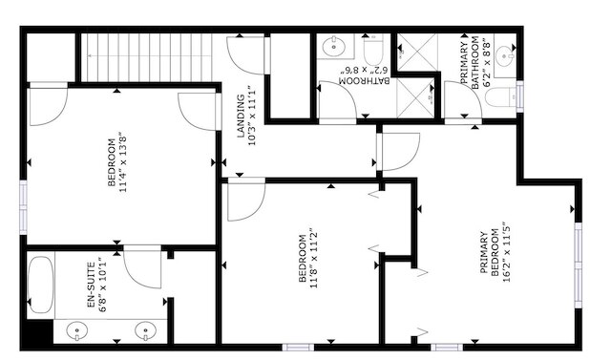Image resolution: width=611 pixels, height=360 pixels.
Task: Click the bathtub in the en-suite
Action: pyautogui.click(x=40, y=285)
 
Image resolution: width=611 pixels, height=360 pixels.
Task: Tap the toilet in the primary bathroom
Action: pyautogui.click(x=500, y=96)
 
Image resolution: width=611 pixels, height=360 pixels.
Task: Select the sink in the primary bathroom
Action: pyautogui.click(x=505, y=55)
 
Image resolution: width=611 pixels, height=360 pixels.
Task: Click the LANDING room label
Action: pyautogui.click(x=241, y=116)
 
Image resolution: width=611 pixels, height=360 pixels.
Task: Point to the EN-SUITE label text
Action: pyautogui.click(x=91, y=285)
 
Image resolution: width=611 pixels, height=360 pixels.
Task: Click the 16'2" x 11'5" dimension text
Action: pyautogui.click(x=506, y=254)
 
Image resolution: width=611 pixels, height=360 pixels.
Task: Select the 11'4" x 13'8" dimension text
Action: pyautogui.click(x=123, y=164)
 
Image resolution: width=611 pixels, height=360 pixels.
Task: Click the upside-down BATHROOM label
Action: pyautogui.click(x=365, y=80)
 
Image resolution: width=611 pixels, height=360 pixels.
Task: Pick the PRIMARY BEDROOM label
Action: pyautogui.click(x=490, y=254)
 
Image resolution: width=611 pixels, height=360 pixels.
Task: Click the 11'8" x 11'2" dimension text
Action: pyautogui.click(x=314, y=258)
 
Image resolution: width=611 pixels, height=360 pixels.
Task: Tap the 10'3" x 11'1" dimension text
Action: pyautogui.click(x=252, y=116)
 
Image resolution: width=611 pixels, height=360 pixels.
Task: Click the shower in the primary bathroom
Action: pyautogui.click(x=417, y=53)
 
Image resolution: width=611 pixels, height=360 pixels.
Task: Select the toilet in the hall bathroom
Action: pyautogui.click(x=373, y=50)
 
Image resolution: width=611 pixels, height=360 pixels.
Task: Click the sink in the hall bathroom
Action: pyautogui.click(x=334, y=47)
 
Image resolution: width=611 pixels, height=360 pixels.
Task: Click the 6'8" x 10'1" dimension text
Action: pyautogui.click(x=103, y=285)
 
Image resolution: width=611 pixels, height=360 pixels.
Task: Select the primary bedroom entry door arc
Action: pyautogui.click(x=410, y=159)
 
